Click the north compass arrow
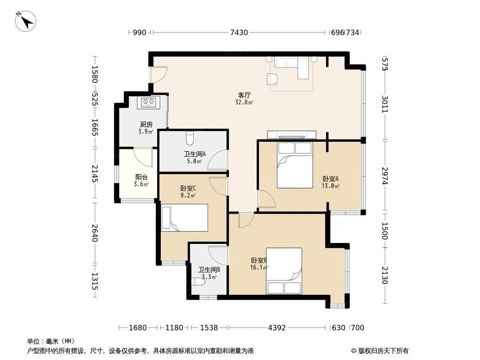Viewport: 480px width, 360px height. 26,21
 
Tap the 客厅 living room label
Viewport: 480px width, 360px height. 245,95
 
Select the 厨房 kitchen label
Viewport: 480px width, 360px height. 146,124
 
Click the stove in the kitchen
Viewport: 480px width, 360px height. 149,102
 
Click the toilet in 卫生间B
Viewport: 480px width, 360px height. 198,281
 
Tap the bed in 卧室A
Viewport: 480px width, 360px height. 295,165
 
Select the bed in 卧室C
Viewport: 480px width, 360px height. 185,217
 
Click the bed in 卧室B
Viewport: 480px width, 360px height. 284,271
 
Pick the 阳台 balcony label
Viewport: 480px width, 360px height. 141,177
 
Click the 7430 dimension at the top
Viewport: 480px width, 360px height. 239,32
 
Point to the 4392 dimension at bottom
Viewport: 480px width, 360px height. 277,328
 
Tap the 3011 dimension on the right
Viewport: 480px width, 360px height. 385,104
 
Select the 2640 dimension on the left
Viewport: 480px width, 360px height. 95,233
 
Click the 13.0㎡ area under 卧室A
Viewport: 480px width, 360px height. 331,186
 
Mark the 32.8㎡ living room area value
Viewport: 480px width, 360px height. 244,102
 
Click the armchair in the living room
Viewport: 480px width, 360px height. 272,79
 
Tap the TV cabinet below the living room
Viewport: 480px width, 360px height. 292,135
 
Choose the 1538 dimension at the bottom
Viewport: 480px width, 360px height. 209,328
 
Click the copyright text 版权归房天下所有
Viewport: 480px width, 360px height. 383,351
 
